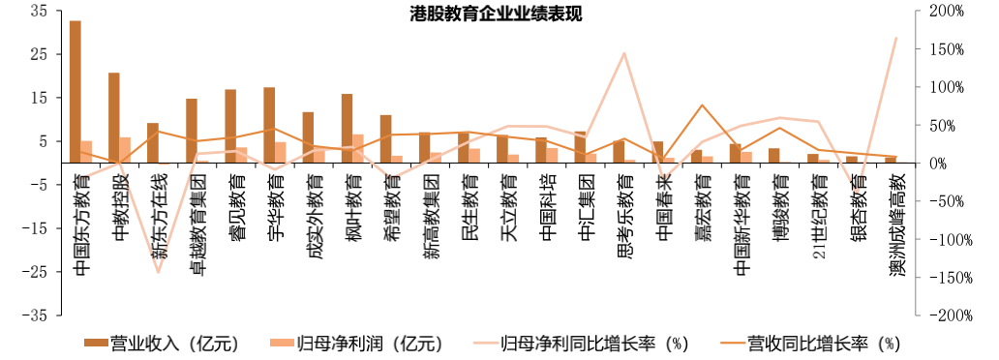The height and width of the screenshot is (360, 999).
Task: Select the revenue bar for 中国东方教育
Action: point(75,92)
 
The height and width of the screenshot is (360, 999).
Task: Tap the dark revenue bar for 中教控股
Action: point(113,117)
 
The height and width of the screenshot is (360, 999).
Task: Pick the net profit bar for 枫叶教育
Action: point(358,148)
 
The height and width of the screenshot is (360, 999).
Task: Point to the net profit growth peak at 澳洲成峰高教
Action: point(896,38)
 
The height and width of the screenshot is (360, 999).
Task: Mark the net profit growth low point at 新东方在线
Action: point(158,272)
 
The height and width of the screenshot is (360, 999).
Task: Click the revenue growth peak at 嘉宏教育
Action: point(702,105)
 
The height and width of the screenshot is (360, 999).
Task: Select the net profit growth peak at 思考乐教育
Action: point(624,53)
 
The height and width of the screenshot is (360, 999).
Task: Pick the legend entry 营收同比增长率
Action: point(811,343)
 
